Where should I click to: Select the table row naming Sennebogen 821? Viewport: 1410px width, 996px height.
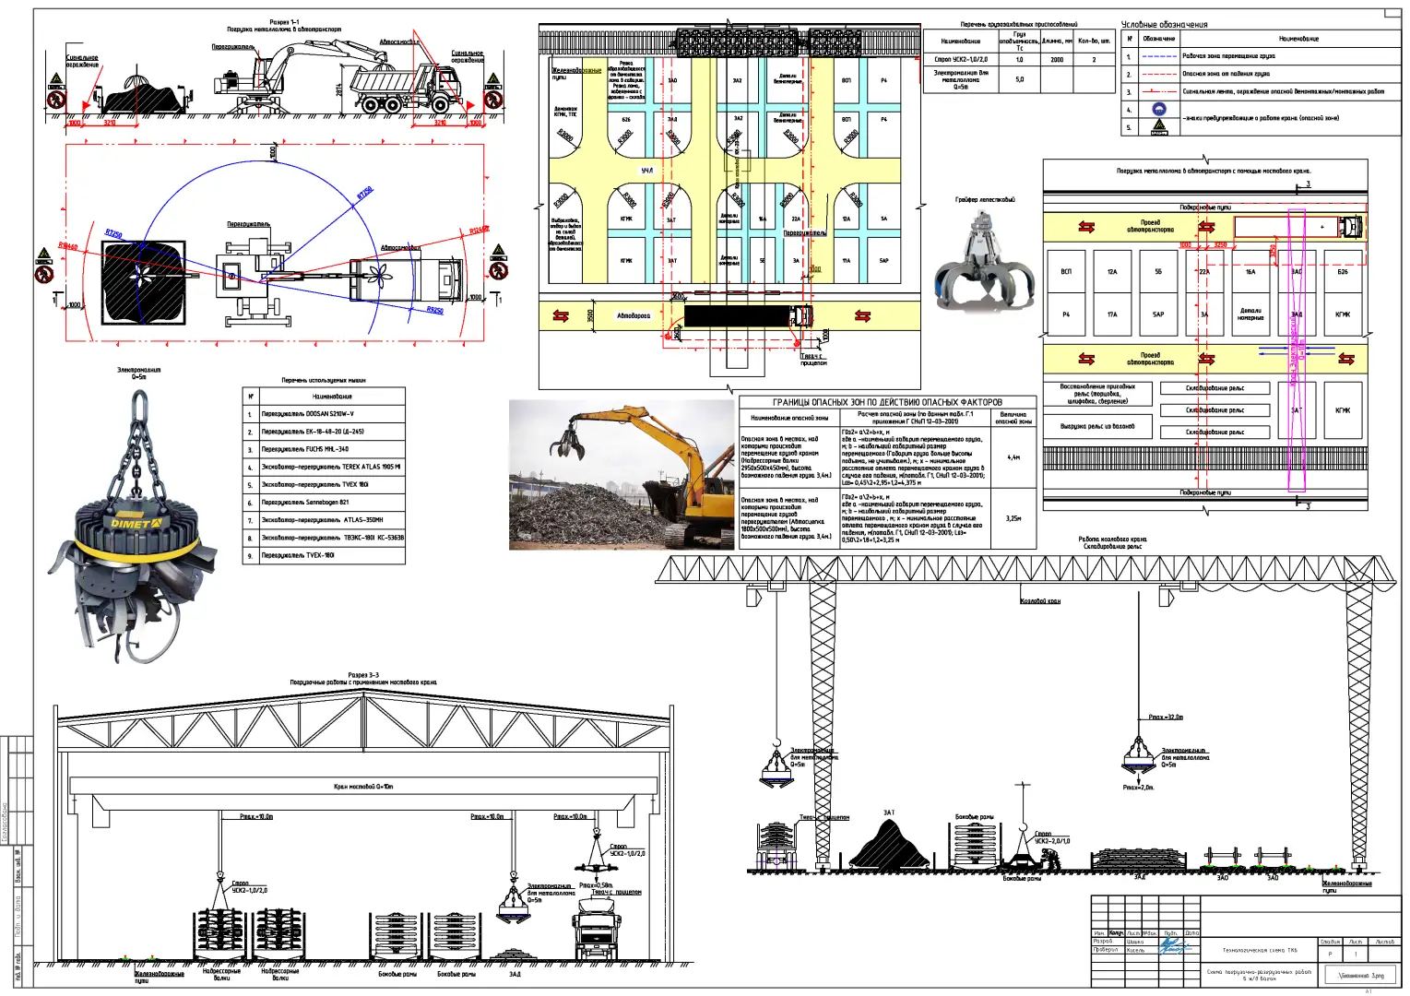point(305,503)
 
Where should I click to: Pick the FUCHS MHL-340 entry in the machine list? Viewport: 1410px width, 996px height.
point(305,449)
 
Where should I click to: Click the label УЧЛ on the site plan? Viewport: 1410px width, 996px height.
point(647,171)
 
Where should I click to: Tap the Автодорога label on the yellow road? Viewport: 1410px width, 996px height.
point(634,315)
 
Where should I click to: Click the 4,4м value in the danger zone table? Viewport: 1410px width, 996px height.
point(1013,456)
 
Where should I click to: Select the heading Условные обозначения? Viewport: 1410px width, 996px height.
point(1164,24)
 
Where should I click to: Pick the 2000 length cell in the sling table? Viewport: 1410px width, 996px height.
point(1057,59)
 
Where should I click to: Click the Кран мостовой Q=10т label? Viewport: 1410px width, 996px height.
point(363,787)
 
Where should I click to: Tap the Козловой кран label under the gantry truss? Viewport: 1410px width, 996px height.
point(1040,601)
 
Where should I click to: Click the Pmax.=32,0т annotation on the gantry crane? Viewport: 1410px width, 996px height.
point(1166,717)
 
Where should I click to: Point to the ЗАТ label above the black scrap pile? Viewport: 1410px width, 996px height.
point(889,812)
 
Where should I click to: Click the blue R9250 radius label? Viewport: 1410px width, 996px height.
point(434,311)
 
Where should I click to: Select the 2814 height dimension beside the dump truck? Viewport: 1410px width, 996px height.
point(339,89)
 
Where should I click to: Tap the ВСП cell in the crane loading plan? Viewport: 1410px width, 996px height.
point(1066,272)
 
